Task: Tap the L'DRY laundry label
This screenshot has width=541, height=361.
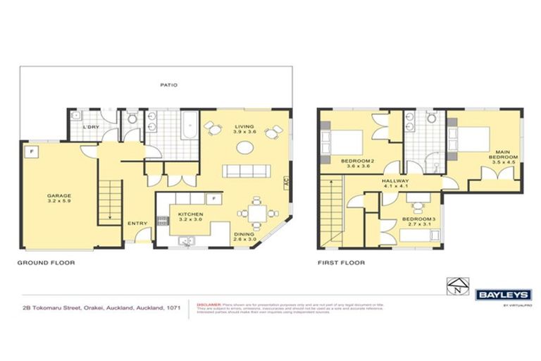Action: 90,127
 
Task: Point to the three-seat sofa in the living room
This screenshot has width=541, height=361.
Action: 246,171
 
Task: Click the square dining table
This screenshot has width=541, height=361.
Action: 251,214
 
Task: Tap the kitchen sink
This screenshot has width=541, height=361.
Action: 187,240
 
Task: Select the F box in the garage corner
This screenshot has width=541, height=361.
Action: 30,151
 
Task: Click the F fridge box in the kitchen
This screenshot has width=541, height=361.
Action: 211,198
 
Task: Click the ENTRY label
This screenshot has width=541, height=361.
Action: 137,224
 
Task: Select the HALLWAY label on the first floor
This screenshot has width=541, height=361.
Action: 395,181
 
